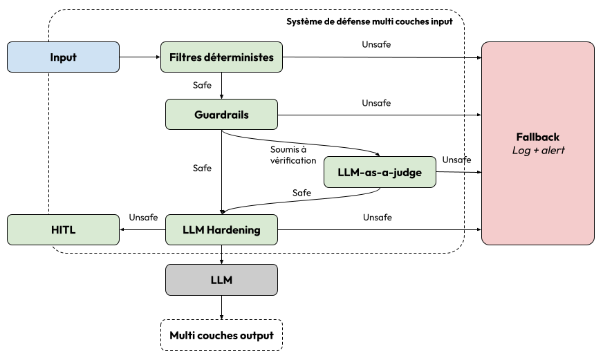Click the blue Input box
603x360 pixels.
click(x=63, y=57)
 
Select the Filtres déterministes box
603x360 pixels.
click(x=221, y=57)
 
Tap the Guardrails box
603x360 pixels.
click(x=221, y=115)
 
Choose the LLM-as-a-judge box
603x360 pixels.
click(x=380, y=172)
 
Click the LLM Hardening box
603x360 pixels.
click(x=221, y=230)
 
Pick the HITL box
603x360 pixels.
click(x=63, y=230)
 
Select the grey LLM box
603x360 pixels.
click(x=221, y=280)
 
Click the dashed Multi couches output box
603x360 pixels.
click(x=221, y=335)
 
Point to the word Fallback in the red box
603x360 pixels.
click(x=537, y=138)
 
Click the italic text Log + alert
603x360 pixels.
click(x=538, y=150)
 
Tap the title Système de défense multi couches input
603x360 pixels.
click(x=369, y=21)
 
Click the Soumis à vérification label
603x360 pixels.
click(x=293, y=155)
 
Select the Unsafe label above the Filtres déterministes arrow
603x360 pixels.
click(x=376, y=44)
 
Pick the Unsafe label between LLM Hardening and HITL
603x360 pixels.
click(x=143, y=218)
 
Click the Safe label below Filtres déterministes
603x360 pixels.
click(x=202, y=85)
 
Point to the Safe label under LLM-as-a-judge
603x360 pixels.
click(x=301, y=193)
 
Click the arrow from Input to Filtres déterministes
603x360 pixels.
click(x=140, y=57)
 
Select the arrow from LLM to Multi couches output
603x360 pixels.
click(x=221, y=307)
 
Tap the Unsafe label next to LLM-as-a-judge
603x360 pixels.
click(x=456, y=160)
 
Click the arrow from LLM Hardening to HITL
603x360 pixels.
click(x=142, y=230)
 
